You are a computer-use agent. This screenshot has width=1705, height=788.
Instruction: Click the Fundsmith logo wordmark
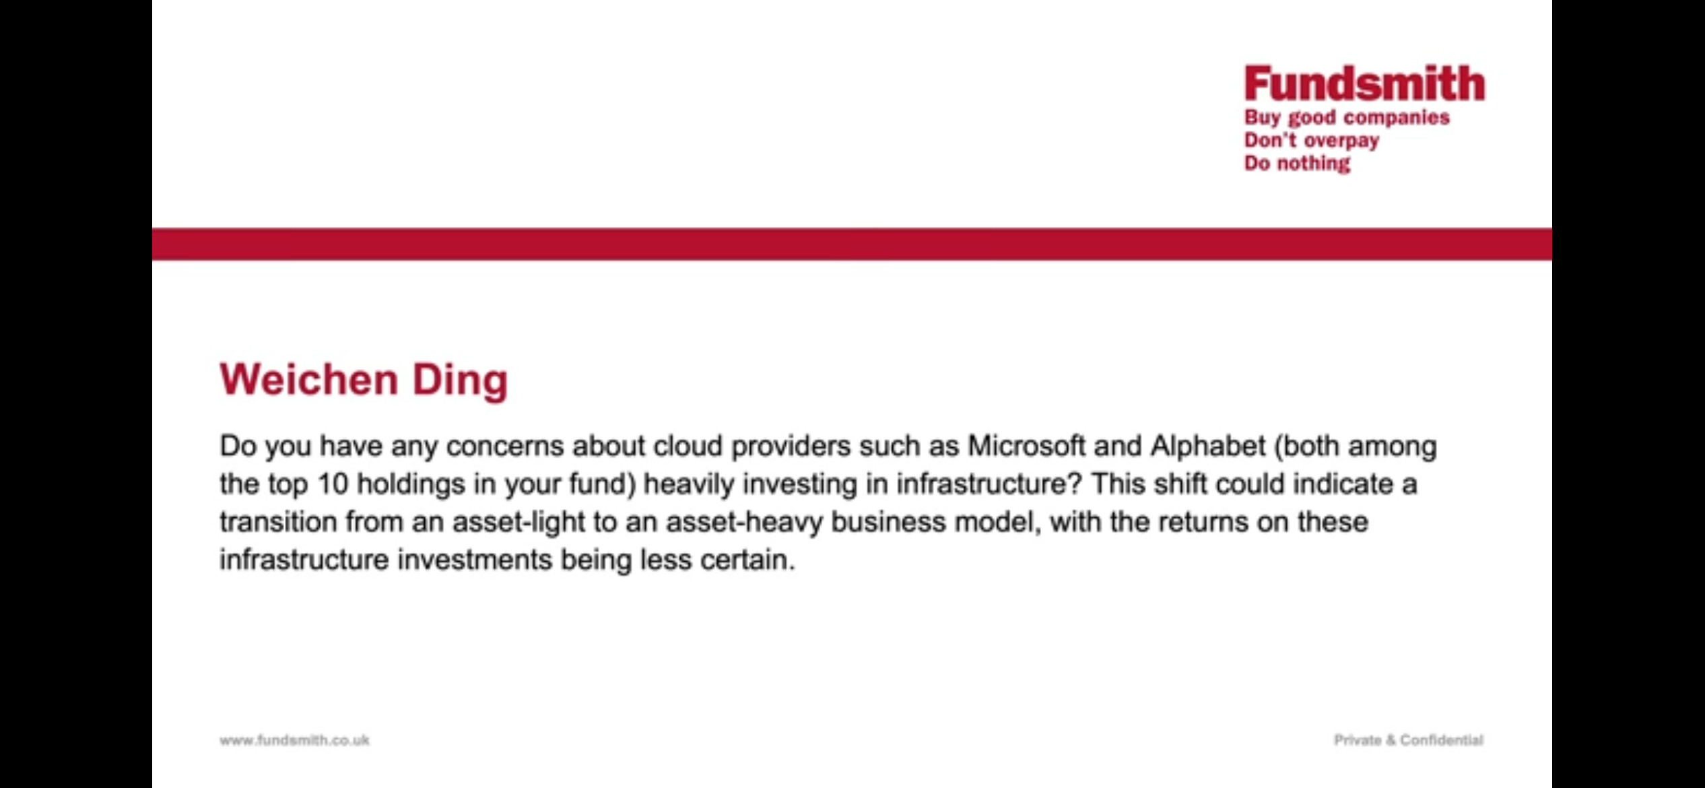1364,84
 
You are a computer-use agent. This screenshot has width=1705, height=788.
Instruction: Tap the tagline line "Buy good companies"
1347,119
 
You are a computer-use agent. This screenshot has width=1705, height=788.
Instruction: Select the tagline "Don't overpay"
1311,141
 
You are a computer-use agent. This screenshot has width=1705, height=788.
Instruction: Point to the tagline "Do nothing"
1297,164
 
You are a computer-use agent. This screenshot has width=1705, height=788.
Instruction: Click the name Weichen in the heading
309,379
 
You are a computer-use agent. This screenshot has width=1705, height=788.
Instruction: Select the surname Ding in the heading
460,381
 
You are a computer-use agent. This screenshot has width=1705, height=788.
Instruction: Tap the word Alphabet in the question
1208,446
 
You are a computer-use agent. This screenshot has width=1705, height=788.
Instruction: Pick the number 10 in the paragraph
333,484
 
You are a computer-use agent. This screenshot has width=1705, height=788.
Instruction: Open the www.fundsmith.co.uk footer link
294,740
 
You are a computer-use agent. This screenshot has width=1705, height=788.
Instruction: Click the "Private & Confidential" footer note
1409,740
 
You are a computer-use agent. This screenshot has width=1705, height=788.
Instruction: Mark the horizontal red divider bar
852,244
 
